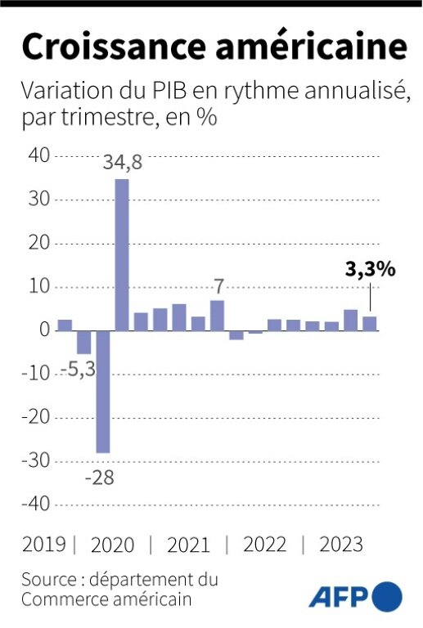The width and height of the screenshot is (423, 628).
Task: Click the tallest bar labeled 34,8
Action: click(121, 254)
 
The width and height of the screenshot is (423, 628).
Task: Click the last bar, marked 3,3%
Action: click(370, 324)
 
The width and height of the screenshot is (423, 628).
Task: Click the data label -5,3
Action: click(79, 370)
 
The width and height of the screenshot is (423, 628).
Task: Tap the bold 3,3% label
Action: click(370, 269)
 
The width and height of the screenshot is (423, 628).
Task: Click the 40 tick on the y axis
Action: click(38, 155)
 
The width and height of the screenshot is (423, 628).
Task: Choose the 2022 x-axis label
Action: click(263, 545)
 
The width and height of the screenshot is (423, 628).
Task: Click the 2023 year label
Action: click(340, 545)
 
